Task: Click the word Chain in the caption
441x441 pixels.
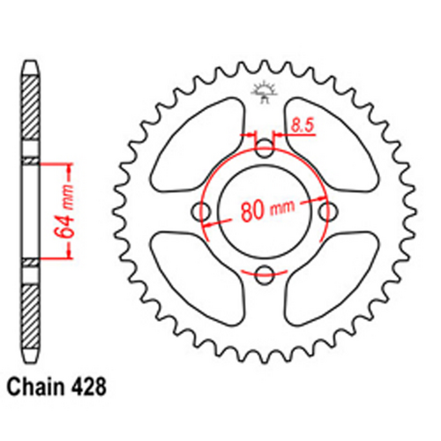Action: click(x=37, y=385)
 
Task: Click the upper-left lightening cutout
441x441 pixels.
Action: click(x=201, y=141)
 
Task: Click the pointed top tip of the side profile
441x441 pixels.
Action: click(x=30, y=65)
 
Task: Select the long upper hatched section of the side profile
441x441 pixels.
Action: click(x=30, y=115)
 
